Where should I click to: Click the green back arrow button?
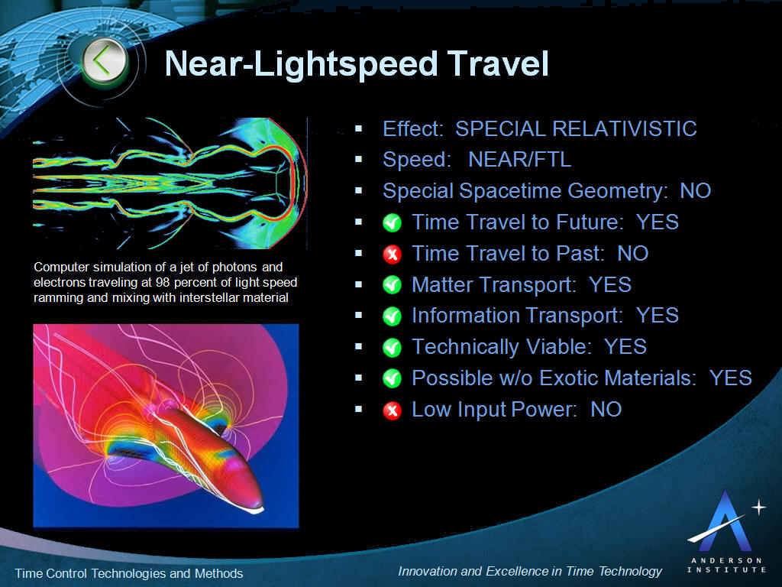coord(105,61)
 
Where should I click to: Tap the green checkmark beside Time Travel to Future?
coord(392,222)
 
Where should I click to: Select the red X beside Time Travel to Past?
coord(392,254)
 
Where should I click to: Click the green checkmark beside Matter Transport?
coord(392,285)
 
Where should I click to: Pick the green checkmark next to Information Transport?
coord(392,316)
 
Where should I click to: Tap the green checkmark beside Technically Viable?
coord(392,348)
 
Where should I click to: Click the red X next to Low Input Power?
coord(392,410)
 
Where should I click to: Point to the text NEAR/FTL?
coord(519,160)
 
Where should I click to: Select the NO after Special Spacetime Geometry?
coord(695,190)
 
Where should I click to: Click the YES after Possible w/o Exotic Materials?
coord(731,378)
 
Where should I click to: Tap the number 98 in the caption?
coord(163,283)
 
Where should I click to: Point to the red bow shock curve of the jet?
coord(299,183)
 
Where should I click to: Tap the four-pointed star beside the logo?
coord(758,508)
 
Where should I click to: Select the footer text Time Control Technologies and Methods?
coord(128,573)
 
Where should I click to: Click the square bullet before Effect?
coord(358,128)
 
